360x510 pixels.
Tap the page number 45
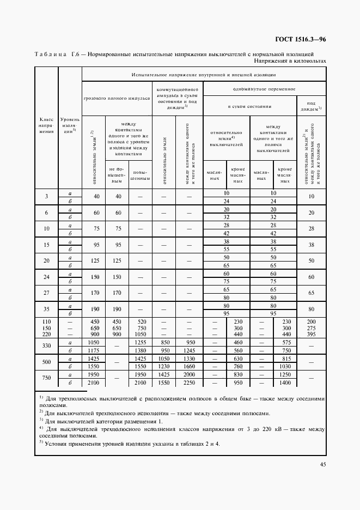tap(322, 464)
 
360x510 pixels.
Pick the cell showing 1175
tap(95, 351)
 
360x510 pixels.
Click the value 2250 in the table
tap(190, 382)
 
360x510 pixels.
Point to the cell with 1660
tap(190, 367)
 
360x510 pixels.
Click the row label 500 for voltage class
tap(46, 362)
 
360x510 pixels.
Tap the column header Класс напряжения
tap(46, 126)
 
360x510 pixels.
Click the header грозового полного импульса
tap(117, 99)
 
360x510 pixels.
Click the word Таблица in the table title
tap(49, 54)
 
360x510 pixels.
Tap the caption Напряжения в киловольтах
tap(289, 61)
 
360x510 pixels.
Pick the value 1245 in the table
tap(190, 351)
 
